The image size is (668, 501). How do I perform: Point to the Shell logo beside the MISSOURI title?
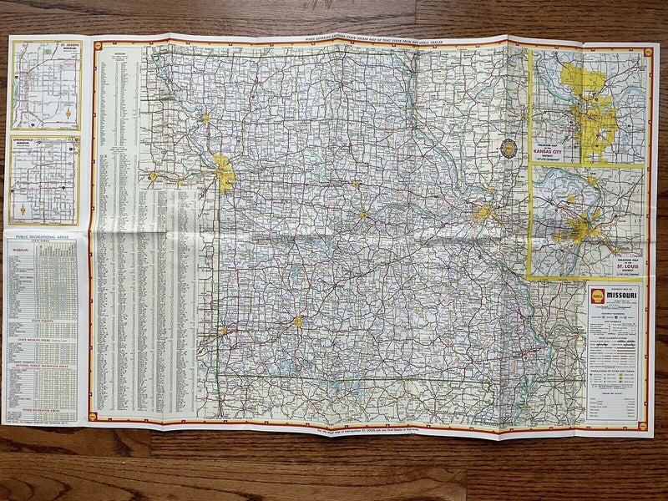(595, 296)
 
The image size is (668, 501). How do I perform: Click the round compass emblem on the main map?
(508, 149)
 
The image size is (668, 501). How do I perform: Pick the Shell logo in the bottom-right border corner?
(644, 424)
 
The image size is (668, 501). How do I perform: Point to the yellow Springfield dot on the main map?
(297, 321)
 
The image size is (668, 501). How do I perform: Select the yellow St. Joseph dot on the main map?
(205, 119)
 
